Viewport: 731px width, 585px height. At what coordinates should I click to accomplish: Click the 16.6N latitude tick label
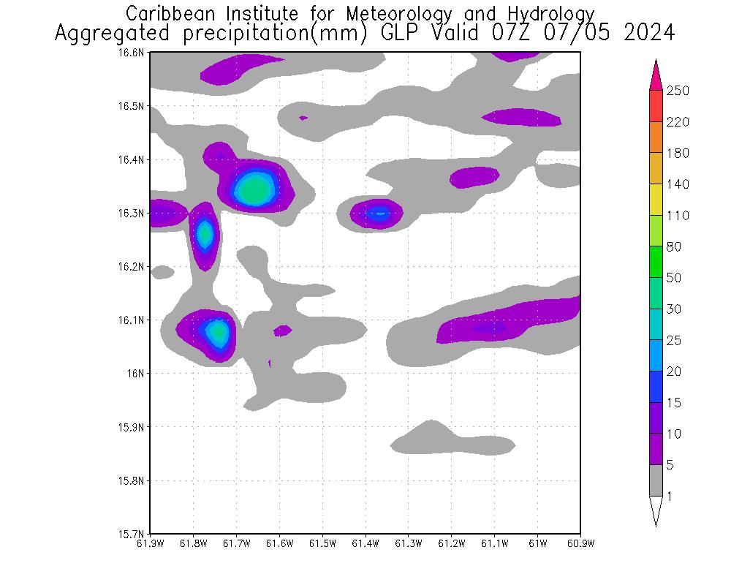(x=134, y=53)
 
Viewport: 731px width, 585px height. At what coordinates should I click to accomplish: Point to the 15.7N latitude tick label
(x=134, y=534)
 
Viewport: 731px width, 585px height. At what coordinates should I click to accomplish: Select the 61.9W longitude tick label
(x=150, y=543)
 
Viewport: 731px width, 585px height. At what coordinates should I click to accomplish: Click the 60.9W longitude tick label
(x=580, y=543)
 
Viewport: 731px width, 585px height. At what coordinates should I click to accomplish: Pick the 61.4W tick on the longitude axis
(x=365, y=543)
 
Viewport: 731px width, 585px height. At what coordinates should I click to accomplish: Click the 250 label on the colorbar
(x=678, y=91)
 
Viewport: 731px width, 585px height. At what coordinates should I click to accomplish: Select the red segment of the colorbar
(x=656, y=106)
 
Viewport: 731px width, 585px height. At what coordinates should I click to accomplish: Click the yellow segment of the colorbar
(x=656, y=200)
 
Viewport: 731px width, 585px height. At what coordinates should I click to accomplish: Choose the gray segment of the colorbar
(x=656, y=480)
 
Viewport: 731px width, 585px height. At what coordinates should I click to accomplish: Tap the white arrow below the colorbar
(x=656, y=510)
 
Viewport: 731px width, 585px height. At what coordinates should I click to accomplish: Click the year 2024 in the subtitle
(x=648, y=34)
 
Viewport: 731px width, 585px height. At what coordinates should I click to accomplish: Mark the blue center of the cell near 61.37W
(x=378, y=214)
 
